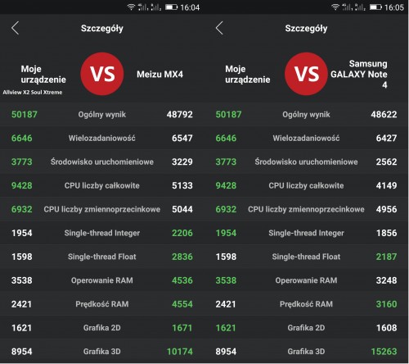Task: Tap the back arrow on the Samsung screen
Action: (218, 28)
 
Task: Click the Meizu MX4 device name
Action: (160, 75)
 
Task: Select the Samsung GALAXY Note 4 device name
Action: (359, 74)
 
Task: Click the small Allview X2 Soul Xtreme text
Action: (33, 93)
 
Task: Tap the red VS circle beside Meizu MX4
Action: (102, 74)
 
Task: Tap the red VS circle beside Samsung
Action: (307, 74)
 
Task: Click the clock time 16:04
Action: (190, 7)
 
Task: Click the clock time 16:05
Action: (394, 7)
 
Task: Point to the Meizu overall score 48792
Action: (180, 114)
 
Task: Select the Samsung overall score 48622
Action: (384, 114)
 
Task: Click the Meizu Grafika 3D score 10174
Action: (180, 352)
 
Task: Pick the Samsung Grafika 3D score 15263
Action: (384, 352)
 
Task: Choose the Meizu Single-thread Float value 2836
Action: (182, 257)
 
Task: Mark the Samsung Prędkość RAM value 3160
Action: (386, 304)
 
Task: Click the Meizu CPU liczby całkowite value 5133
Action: (182, 185)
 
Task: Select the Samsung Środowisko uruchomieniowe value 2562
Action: (386, 162)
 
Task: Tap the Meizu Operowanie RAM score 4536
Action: (182, 280)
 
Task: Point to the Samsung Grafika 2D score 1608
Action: (386, 328)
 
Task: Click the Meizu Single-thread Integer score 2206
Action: (182, 233)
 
